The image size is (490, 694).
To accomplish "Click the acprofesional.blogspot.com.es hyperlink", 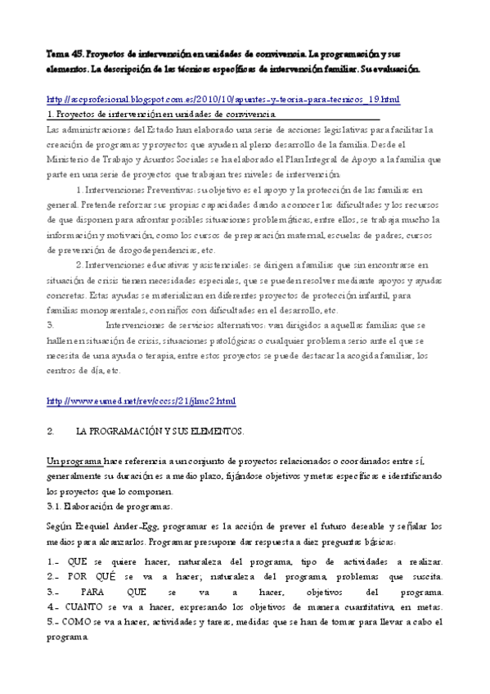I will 223,99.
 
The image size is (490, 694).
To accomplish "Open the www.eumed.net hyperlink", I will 142,401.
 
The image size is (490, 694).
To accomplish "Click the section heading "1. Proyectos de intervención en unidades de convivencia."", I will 161,115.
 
